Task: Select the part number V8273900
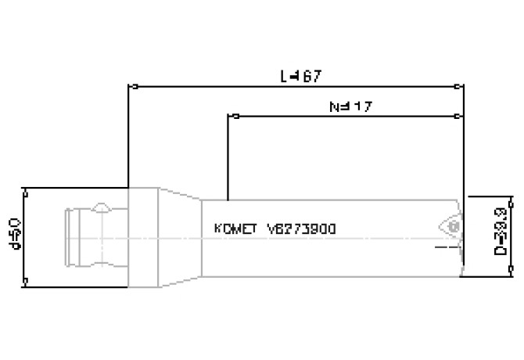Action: pyautogui.click(x=302, y=230)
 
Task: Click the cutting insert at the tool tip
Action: pyautogui.click(x=450, y=225)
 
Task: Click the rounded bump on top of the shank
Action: pyautogui.click(x=102, y=207)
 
